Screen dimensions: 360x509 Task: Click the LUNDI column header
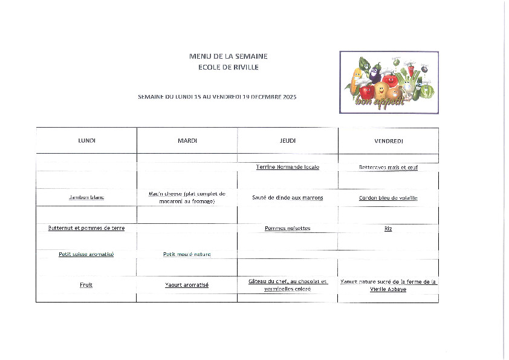pos(86,141)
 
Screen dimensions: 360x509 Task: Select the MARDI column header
pos(187,141)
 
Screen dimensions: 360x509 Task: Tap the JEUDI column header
pos(288,141)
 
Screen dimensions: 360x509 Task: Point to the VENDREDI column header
pos(389,141)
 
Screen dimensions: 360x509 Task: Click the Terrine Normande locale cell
pos(288,167)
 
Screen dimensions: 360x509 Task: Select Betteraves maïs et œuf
pos(389,168)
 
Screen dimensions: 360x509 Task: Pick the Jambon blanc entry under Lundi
pos(86,198)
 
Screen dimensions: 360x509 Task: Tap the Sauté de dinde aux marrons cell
pos(288,198)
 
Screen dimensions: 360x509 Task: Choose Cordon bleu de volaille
pos(389,198)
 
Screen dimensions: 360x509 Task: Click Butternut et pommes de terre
pos(91,228)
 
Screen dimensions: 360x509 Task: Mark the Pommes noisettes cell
pos(288,228)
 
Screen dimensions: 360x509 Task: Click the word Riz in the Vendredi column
pos(388,228)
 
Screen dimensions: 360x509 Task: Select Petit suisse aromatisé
pos(86,255)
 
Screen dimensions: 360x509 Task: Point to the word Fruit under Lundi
pos(86,284)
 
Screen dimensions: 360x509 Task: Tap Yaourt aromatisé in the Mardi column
pos(187,284)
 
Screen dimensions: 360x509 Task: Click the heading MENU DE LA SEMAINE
pos(228,56)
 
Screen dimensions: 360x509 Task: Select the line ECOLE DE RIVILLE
pos(228,67)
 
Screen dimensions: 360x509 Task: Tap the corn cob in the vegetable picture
pos(357,79)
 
